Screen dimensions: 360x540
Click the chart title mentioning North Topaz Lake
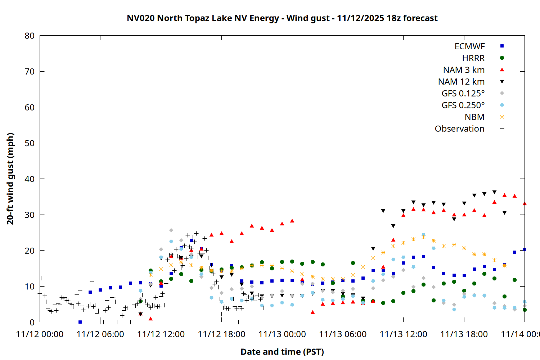tap(282, 18)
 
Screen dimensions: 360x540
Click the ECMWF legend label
tap(469, 46)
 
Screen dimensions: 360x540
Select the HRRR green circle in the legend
tap(502, 58)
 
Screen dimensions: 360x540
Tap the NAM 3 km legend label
tap(464, 70)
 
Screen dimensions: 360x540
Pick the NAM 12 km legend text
tap(461, 82)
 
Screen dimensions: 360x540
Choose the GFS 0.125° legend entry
tap(463, 94)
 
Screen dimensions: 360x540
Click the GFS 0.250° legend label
tap(463, 105)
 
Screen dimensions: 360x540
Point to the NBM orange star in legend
tap(502, 117)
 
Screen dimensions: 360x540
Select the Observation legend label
tap(459, 129)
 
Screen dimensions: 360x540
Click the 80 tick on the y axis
tap(30, 36)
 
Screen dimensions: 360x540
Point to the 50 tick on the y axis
tap(30, 143)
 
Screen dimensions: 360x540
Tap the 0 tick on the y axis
tap(32, 322)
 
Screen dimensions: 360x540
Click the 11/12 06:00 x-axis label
tap(100, 334)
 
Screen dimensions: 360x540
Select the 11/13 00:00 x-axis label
tap(282, 334)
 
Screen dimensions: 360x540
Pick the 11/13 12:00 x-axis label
tap(403, 334)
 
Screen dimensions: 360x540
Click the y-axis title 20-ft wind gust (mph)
tap(10, 179)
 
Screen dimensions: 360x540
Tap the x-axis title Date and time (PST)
tap(282, 352)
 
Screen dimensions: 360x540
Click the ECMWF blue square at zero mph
tap(80, 322)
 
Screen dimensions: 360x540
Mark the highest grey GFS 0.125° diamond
tap(171, 230)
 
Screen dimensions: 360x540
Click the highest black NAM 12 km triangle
tap(494, 192)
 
